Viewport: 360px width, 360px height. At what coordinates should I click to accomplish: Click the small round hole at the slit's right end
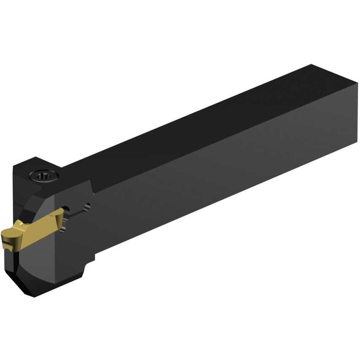click(x=87, y=207)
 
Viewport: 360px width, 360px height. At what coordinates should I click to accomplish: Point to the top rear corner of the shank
click(x=312, y=65)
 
